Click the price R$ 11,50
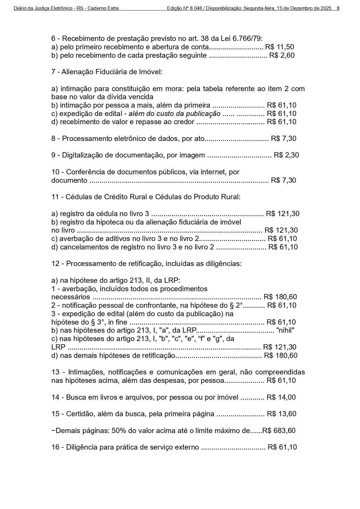(x=280, y=47)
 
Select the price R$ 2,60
(x=282, y=55)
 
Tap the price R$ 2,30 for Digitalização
(x=286, y=155)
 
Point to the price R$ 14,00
(x=281, y=397)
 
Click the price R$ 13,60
(x=282, y=414)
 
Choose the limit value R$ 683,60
(x=279, y=431)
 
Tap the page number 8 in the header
(x=338, y=8)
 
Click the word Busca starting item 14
(x=75, y=397)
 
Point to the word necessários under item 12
(x=70, y=297)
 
